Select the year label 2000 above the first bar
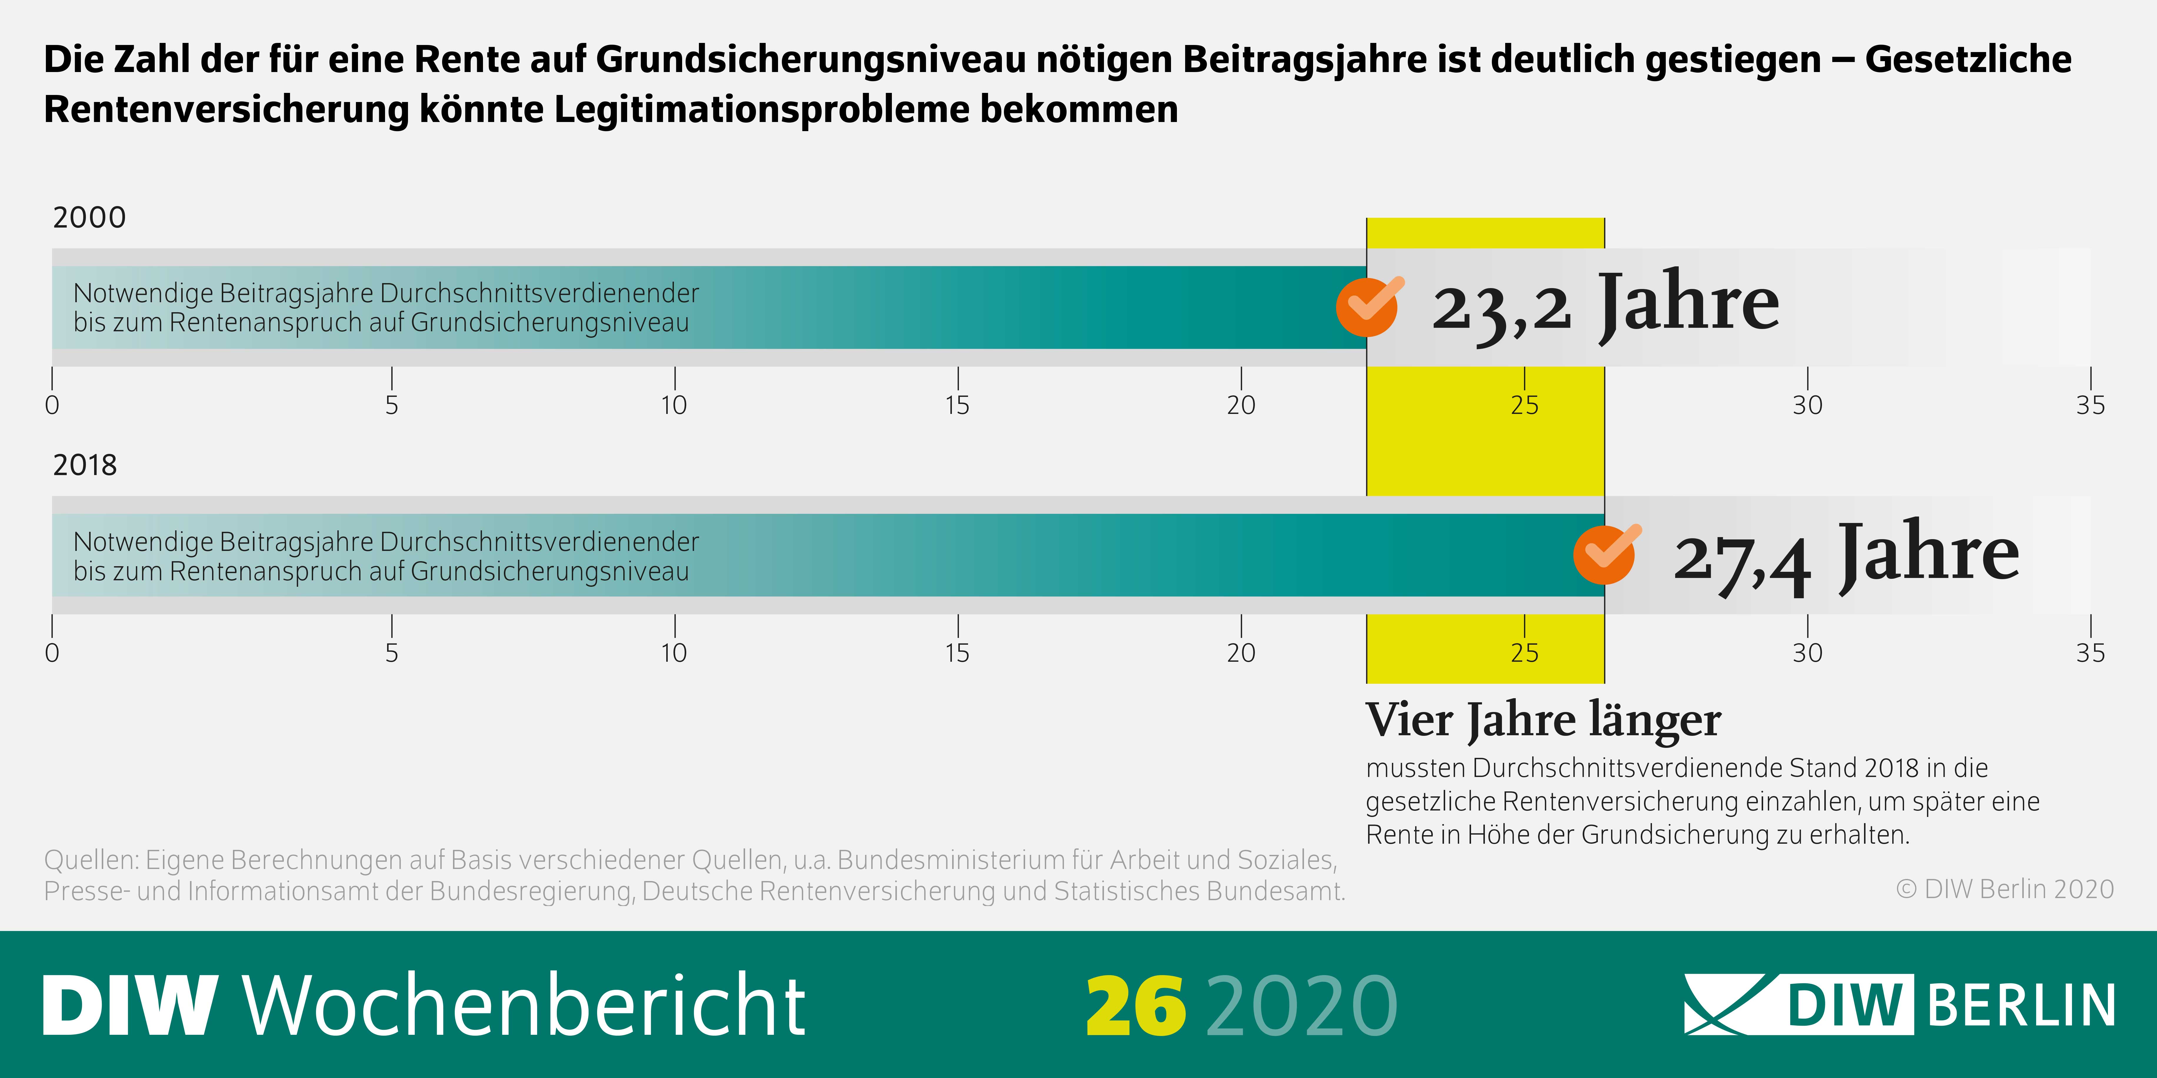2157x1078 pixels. coord(89,218)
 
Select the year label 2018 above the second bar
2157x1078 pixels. coord(85,465)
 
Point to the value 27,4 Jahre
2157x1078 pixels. coord(1845,554)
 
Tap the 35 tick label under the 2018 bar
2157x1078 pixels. coord(2090,653)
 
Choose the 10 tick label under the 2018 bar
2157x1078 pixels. coord(674,653)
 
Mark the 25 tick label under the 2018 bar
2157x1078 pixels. coord(1524,653)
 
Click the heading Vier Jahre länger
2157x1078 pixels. coord(1543,720)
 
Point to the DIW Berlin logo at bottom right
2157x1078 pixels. coord(1899,1004)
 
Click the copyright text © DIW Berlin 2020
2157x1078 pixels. coord(2005,889)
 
